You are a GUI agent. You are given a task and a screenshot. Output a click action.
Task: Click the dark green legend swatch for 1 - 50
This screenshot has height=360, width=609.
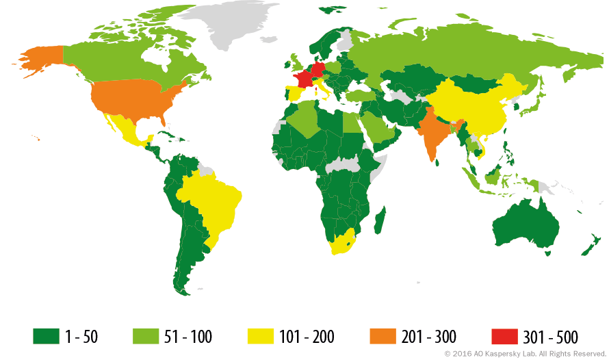pyautogui.click(x=46, y=336)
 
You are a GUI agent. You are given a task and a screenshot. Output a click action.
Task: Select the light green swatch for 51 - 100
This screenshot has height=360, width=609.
pyautogui.click(x=144, y=336)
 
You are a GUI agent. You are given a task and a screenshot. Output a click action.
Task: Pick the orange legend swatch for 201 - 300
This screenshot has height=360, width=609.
pyautogui.click(x=382, y=336)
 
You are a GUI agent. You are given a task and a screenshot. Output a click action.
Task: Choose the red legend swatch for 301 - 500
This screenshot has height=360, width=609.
pyautogui.click(x=504, y=336)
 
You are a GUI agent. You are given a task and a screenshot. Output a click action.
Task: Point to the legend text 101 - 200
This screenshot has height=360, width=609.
pyautogui.click(x=307, y=337)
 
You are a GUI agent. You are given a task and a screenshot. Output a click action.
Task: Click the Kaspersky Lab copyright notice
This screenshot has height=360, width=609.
pyautogui.click(x=525, y=354)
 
